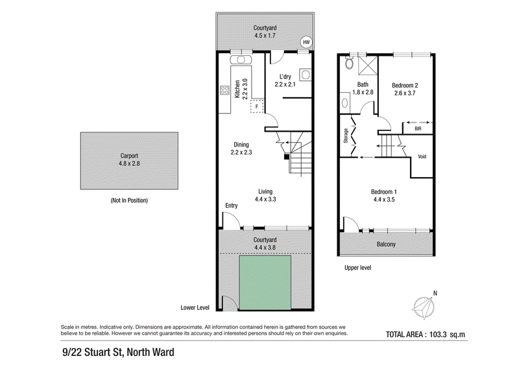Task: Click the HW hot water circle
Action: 306,42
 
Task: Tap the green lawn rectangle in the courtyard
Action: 265,283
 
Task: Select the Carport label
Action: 129,156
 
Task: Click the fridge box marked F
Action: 257,106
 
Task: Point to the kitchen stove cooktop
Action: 224,90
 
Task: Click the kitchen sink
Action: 241,60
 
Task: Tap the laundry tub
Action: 305,75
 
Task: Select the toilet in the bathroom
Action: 348,62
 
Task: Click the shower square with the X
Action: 367,65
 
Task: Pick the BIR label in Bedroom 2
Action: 418,129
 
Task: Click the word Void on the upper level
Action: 422,156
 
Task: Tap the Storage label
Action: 346,136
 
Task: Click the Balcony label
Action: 386,244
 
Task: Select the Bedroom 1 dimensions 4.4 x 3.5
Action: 384,200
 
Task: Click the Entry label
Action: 232,206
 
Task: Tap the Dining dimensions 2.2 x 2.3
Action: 241,152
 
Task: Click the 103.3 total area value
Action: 439,334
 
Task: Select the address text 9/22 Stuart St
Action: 93,352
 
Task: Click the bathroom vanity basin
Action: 344,102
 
